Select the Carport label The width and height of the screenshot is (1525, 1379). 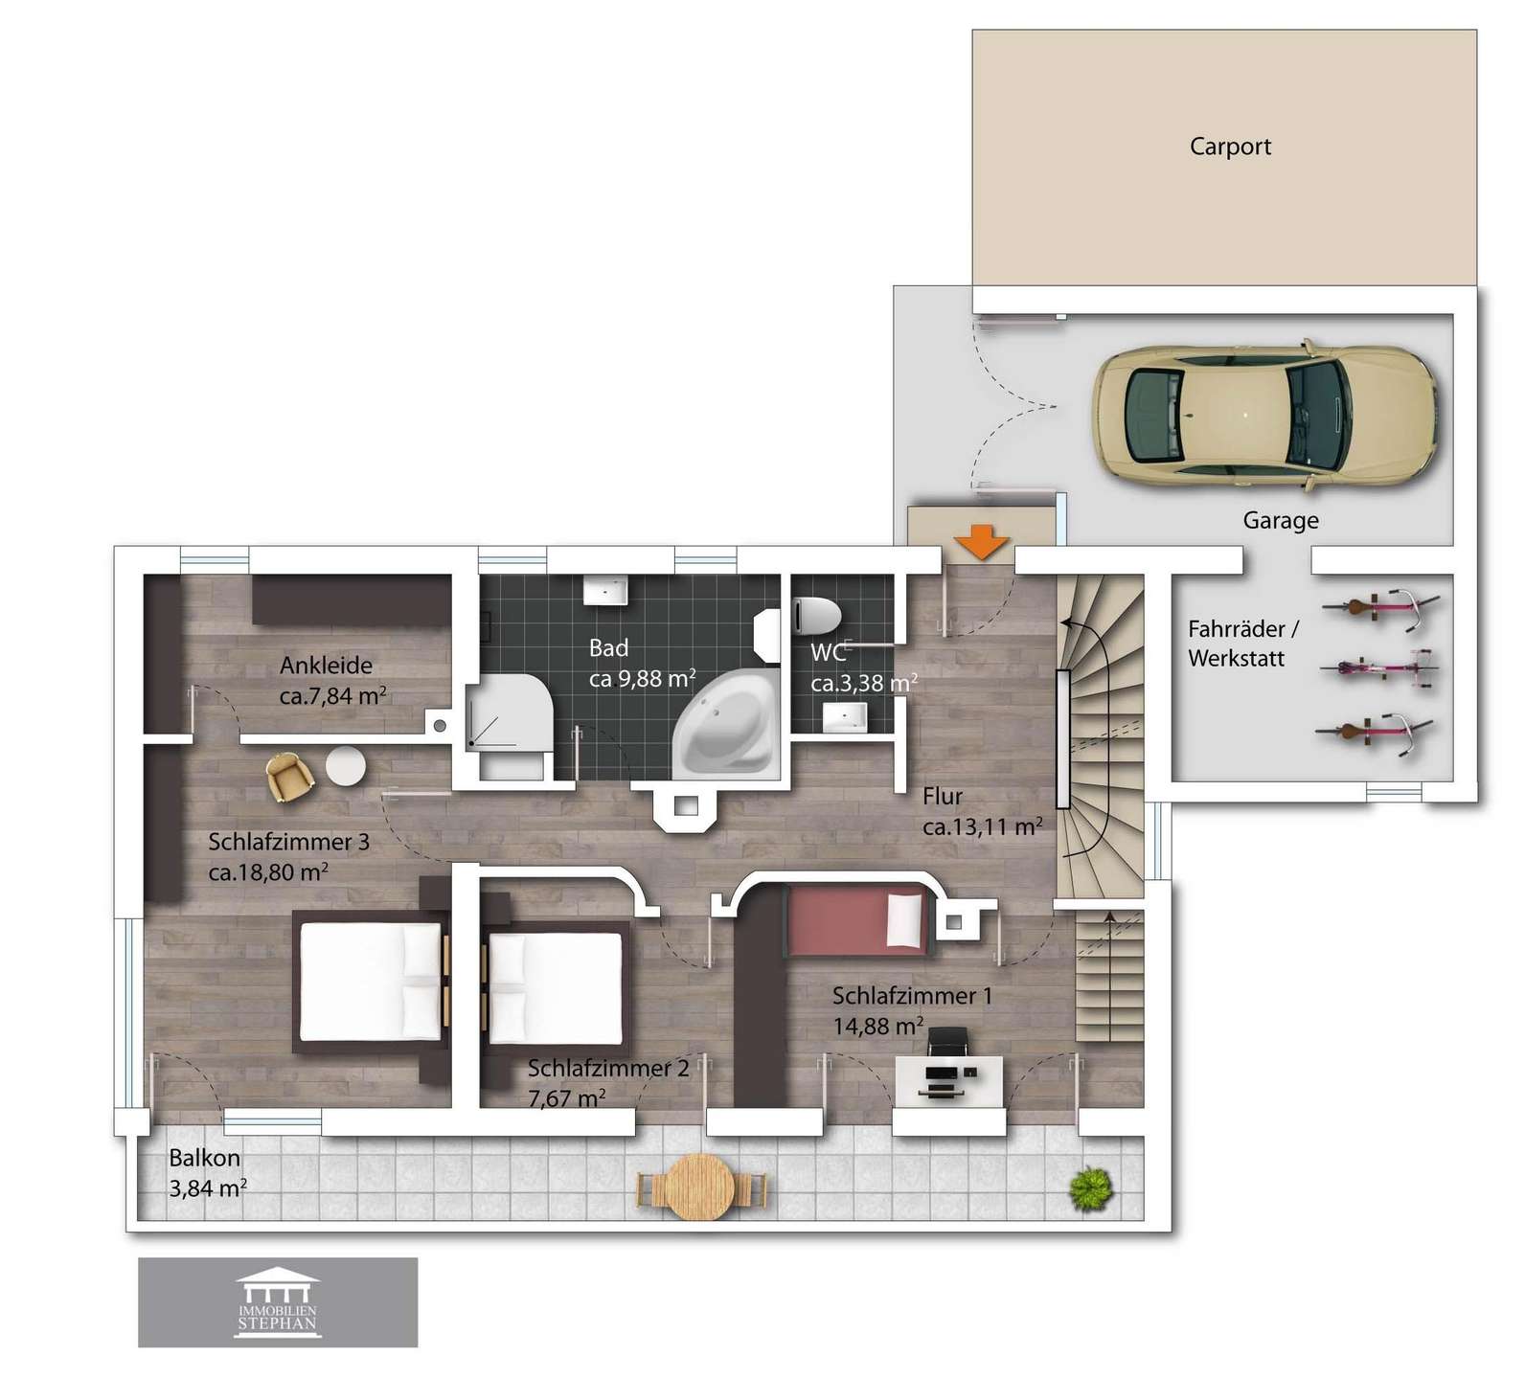(1230, 147)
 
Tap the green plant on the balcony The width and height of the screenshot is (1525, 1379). (1091, 1188)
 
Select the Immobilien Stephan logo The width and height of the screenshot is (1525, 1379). (278, 1302)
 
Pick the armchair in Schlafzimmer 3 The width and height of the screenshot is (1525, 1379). (290, 777)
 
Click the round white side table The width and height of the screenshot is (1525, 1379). (345, 765)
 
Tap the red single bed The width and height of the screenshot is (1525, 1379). (855, 920)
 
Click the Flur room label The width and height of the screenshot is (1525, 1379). (943, 796)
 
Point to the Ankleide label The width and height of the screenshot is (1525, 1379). (326, 666)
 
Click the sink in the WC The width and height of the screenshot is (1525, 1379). (845, 717)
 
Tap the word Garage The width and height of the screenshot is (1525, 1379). (1281, 521)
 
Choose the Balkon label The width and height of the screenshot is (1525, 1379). (204, 1158)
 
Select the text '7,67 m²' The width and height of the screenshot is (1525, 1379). (566, 1098)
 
